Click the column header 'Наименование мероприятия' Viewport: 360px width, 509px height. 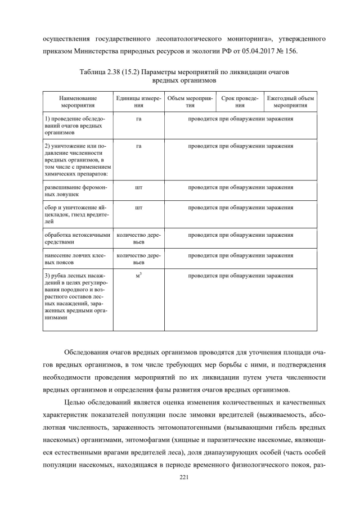(78, 101)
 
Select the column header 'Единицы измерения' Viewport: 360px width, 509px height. (138, 101)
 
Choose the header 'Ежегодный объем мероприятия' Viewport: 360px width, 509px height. (290, 101)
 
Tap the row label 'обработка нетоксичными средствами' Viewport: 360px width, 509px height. (78, 238)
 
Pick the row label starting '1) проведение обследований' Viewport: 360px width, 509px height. (78, 126)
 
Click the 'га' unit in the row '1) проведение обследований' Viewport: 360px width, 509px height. (138, 119)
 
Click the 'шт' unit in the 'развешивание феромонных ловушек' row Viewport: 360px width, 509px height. (138, 187)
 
